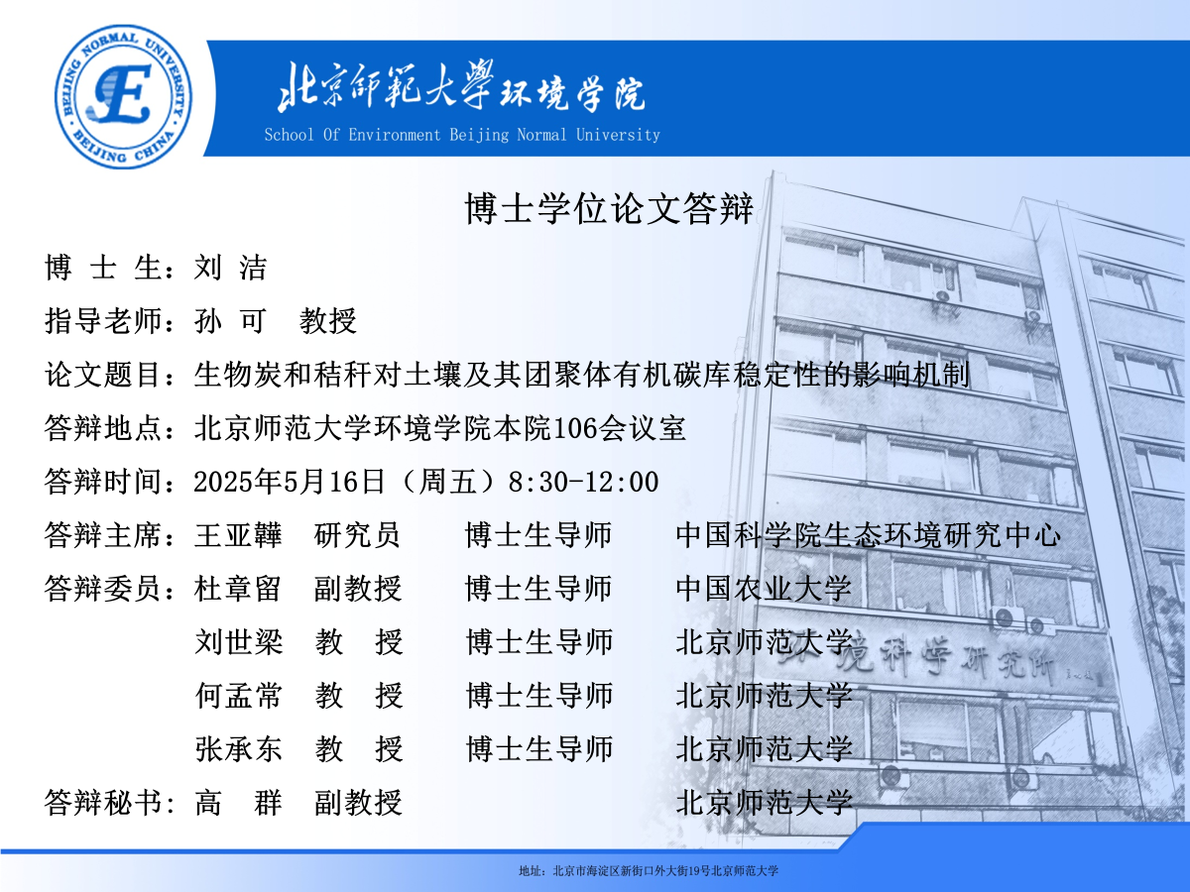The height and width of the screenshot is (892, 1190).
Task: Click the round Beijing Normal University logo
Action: [x=124, y=96]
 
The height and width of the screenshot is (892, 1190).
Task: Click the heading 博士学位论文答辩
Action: [x=609, y=208]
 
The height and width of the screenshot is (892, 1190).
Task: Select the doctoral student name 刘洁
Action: [x=230, y=268]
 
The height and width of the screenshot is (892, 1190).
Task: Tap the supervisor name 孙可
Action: [x=230, y=320]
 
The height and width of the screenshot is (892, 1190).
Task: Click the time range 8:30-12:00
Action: [x=583, y=482]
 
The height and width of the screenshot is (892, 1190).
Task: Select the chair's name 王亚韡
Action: [x=239, y=535]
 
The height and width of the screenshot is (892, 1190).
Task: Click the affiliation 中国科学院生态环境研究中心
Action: [x=869, y=535]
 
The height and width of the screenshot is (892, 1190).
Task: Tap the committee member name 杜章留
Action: [x=239, y=589]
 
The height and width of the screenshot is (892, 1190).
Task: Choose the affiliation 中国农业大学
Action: [x=764, y=589]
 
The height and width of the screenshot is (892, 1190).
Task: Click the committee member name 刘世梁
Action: [x=239, y=642]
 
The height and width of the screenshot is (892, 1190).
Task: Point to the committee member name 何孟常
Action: [x=239, y=696]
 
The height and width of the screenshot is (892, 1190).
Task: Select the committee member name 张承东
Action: [x=239, y=749]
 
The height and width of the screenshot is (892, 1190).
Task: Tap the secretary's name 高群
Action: [x=239, y=803]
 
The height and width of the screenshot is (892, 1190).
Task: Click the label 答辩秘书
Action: [x=103, y=803]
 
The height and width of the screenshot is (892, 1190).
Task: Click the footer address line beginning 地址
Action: [x=649, y=871]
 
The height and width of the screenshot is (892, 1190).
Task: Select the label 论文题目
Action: [x=103, y=375]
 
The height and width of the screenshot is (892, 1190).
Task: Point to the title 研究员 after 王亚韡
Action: [x=357, y=535]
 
